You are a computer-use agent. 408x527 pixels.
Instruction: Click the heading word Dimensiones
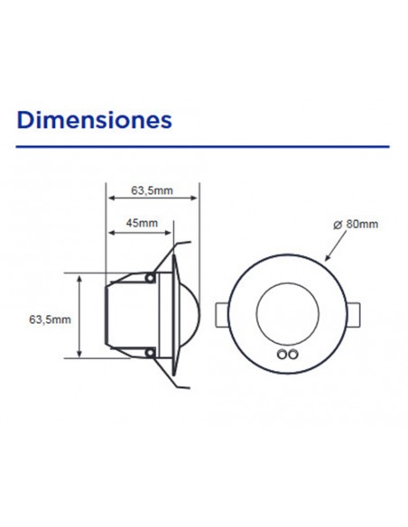[x=94, y=119]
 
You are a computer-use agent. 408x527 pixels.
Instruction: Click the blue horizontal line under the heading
[x=203, y=146]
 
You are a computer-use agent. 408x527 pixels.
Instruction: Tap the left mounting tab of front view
[x=221, y=316]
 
